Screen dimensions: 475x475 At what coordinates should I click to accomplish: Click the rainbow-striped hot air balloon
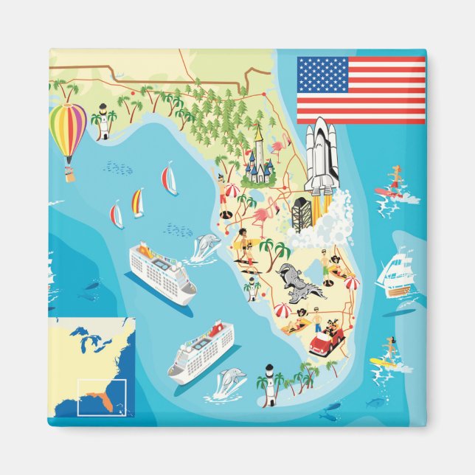(x=68, y=131)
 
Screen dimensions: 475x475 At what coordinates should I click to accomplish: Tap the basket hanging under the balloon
(x=70, y=175)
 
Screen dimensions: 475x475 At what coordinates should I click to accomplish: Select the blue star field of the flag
(x=322, y=75)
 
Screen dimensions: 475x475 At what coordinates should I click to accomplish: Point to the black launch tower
(x=301, y=213)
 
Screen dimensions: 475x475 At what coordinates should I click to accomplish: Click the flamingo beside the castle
(x=278, y=152)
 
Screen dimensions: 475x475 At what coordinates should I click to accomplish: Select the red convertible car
(x=325, y=343)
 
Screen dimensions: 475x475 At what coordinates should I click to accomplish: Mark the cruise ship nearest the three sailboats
(x=162, y=270)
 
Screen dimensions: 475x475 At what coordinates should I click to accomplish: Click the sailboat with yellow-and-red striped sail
(x=137, y=202)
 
